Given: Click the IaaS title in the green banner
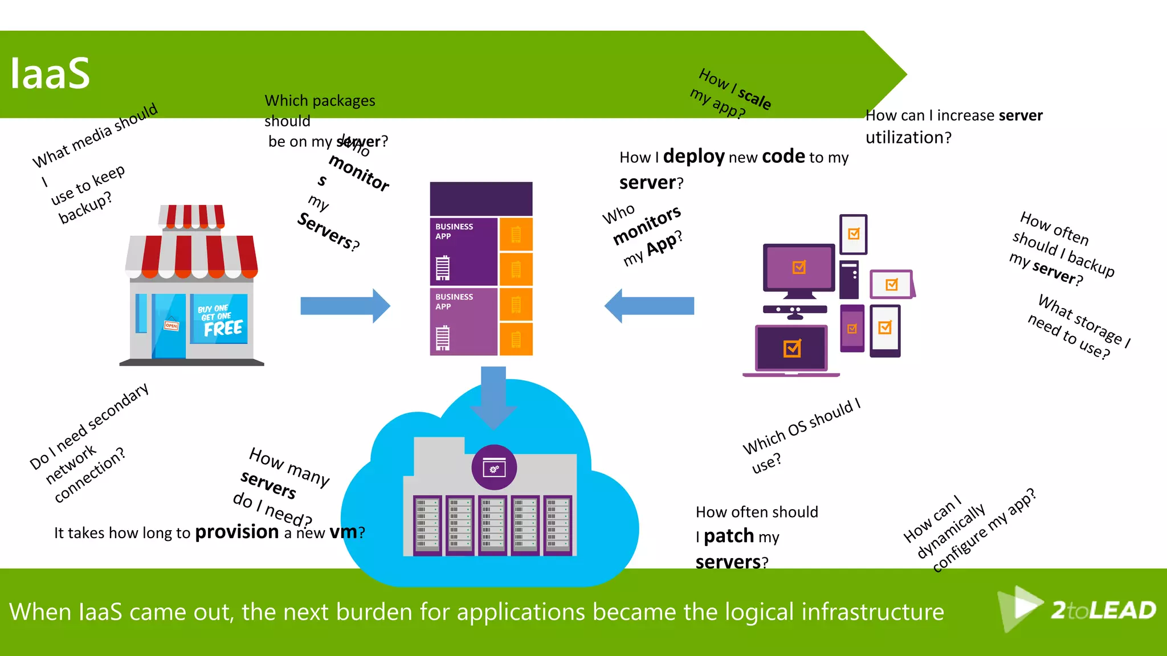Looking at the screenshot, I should pyautogui.click(x=50, y=74).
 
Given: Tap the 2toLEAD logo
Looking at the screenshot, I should pyautogui.click(x=1077, y=609).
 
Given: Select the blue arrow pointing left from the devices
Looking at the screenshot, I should pyautogui.click(x=650, y=306).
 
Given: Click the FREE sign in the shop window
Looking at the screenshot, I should pyautogui.click(x=223, y=329).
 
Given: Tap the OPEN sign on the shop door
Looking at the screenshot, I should pyautogui.click(x=171, y=326).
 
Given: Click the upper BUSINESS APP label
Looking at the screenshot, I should pyautogui.click(x=454, y=231).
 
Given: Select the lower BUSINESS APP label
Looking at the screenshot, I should pyautogui.click(x=454, y=301).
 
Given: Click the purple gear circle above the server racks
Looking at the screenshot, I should pyautogui.click(x=494, y=468).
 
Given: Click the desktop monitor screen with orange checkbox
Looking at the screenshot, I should pyautogui.click(x=799, y=267).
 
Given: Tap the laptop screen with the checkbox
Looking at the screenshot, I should pyautogui.click(x=791, y=348).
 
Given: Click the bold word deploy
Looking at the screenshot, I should pyautogui.click(x=693, y=157).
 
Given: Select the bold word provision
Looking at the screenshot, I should pyautogui.click(x=236, y=532).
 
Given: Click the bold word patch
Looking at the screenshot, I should pyautogui.click(x=729, y=536).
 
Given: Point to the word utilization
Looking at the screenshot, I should pyautogui.click(x=908, y=138).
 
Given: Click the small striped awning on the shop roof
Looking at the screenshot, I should pyautogui.click(x=191, y=217).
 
